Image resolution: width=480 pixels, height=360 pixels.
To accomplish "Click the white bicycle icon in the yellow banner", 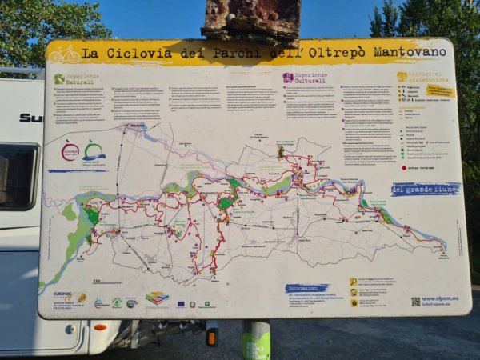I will pyautogui.click(x=64, y=54).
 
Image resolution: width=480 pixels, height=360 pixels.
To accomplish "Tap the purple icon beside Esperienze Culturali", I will pyautogui.click(x=287, y=78).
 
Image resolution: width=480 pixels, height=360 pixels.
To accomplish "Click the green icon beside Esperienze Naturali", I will pyautogui.click(x=59, y=78).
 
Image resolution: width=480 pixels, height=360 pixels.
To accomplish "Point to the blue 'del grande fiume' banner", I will pyautogui.click(x=425, y=189).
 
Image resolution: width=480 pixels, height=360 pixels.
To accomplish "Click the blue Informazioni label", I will pyautogui.click(x=306, y=288).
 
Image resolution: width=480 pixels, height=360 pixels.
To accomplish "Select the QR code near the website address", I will pyautogui.click(x=415, y=301).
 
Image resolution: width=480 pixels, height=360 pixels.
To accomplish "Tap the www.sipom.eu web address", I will pyautogui.click(x=441, y=299).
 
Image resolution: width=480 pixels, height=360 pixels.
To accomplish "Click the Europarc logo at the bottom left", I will pyautogui.click(x=63, y=298).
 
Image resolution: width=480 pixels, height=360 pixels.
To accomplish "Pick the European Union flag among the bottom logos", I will pyautogui.click(x=181, y=304).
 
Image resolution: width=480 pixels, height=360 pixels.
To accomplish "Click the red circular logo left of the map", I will pyautogui.click(x=70, y=151).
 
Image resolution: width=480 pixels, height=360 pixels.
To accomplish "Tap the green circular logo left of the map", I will pyautogui.click(x=94, y=150).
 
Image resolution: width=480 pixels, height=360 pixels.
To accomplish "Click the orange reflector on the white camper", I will pyautogui.click(x=100, y=326).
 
